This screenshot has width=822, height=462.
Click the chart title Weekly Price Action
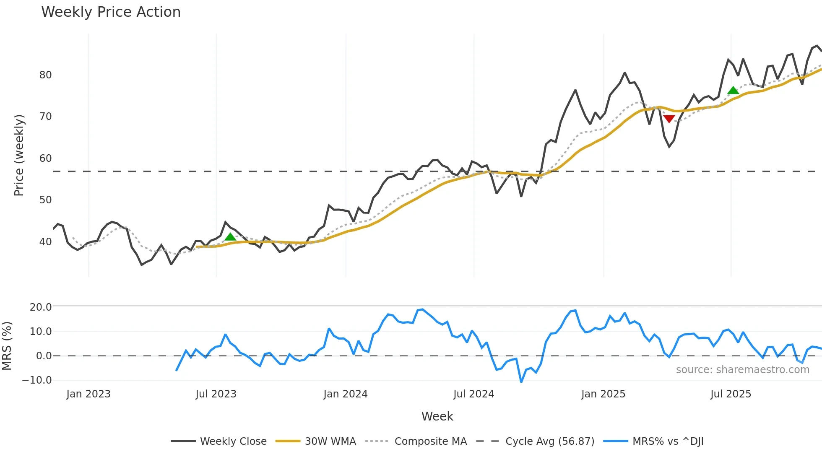tap(111, 12)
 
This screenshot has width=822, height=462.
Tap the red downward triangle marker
tap(669, 119)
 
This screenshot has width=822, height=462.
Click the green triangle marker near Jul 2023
tap(230, 237)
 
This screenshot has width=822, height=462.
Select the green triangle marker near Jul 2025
tap(733, 91)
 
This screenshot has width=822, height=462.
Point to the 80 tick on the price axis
tap(45, 75)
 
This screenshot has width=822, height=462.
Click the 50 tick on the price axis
tap(45, 200)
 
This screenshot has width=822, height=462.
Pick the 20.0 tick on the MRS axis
tap(41, 307)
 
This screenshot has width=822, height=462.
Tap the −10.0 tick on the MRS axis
tap(37, 380)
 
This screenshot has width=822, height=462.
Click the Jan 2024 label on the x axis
tap(345, 394)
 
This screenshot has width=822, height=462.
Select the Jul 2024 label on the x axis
tap(473, 394)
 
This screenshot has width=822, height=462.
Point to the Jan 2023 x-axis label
tap(88, 394)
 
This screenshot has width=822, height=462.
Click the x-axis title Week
tap(437, 416)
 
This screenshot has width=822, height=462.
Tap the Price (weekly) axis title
tap(19, 155)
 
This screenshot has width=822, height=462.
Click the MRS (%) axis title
tap(7, 346)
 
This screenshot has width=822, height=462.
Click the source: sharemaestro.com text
tap(742, 370)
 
